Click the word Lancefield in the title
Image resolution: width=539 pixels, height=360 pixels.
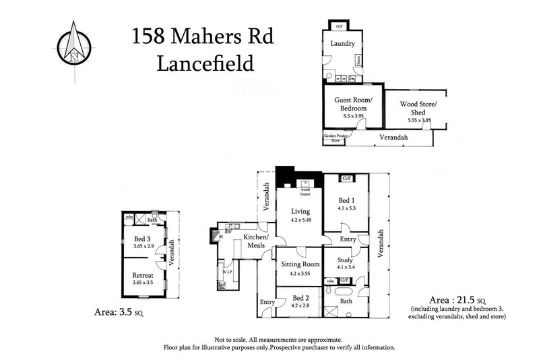tap(205, 64)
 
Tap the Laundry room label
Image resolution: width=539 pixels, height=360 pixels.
tap(342, 44)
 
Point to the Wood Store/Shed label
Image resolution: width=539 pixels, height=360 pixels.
tap(418, 107)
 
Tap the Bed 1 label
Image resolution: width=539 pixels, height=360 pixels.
tap(346, 200)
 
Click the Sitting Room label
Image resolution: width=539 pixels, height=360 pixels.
tap(300, 264)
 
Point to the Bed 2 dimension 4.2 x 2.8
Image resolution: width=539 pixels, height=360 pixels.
tap(300, 305)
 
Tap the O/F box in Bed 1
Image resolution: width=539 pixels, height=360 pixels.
tap(346, 179)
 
